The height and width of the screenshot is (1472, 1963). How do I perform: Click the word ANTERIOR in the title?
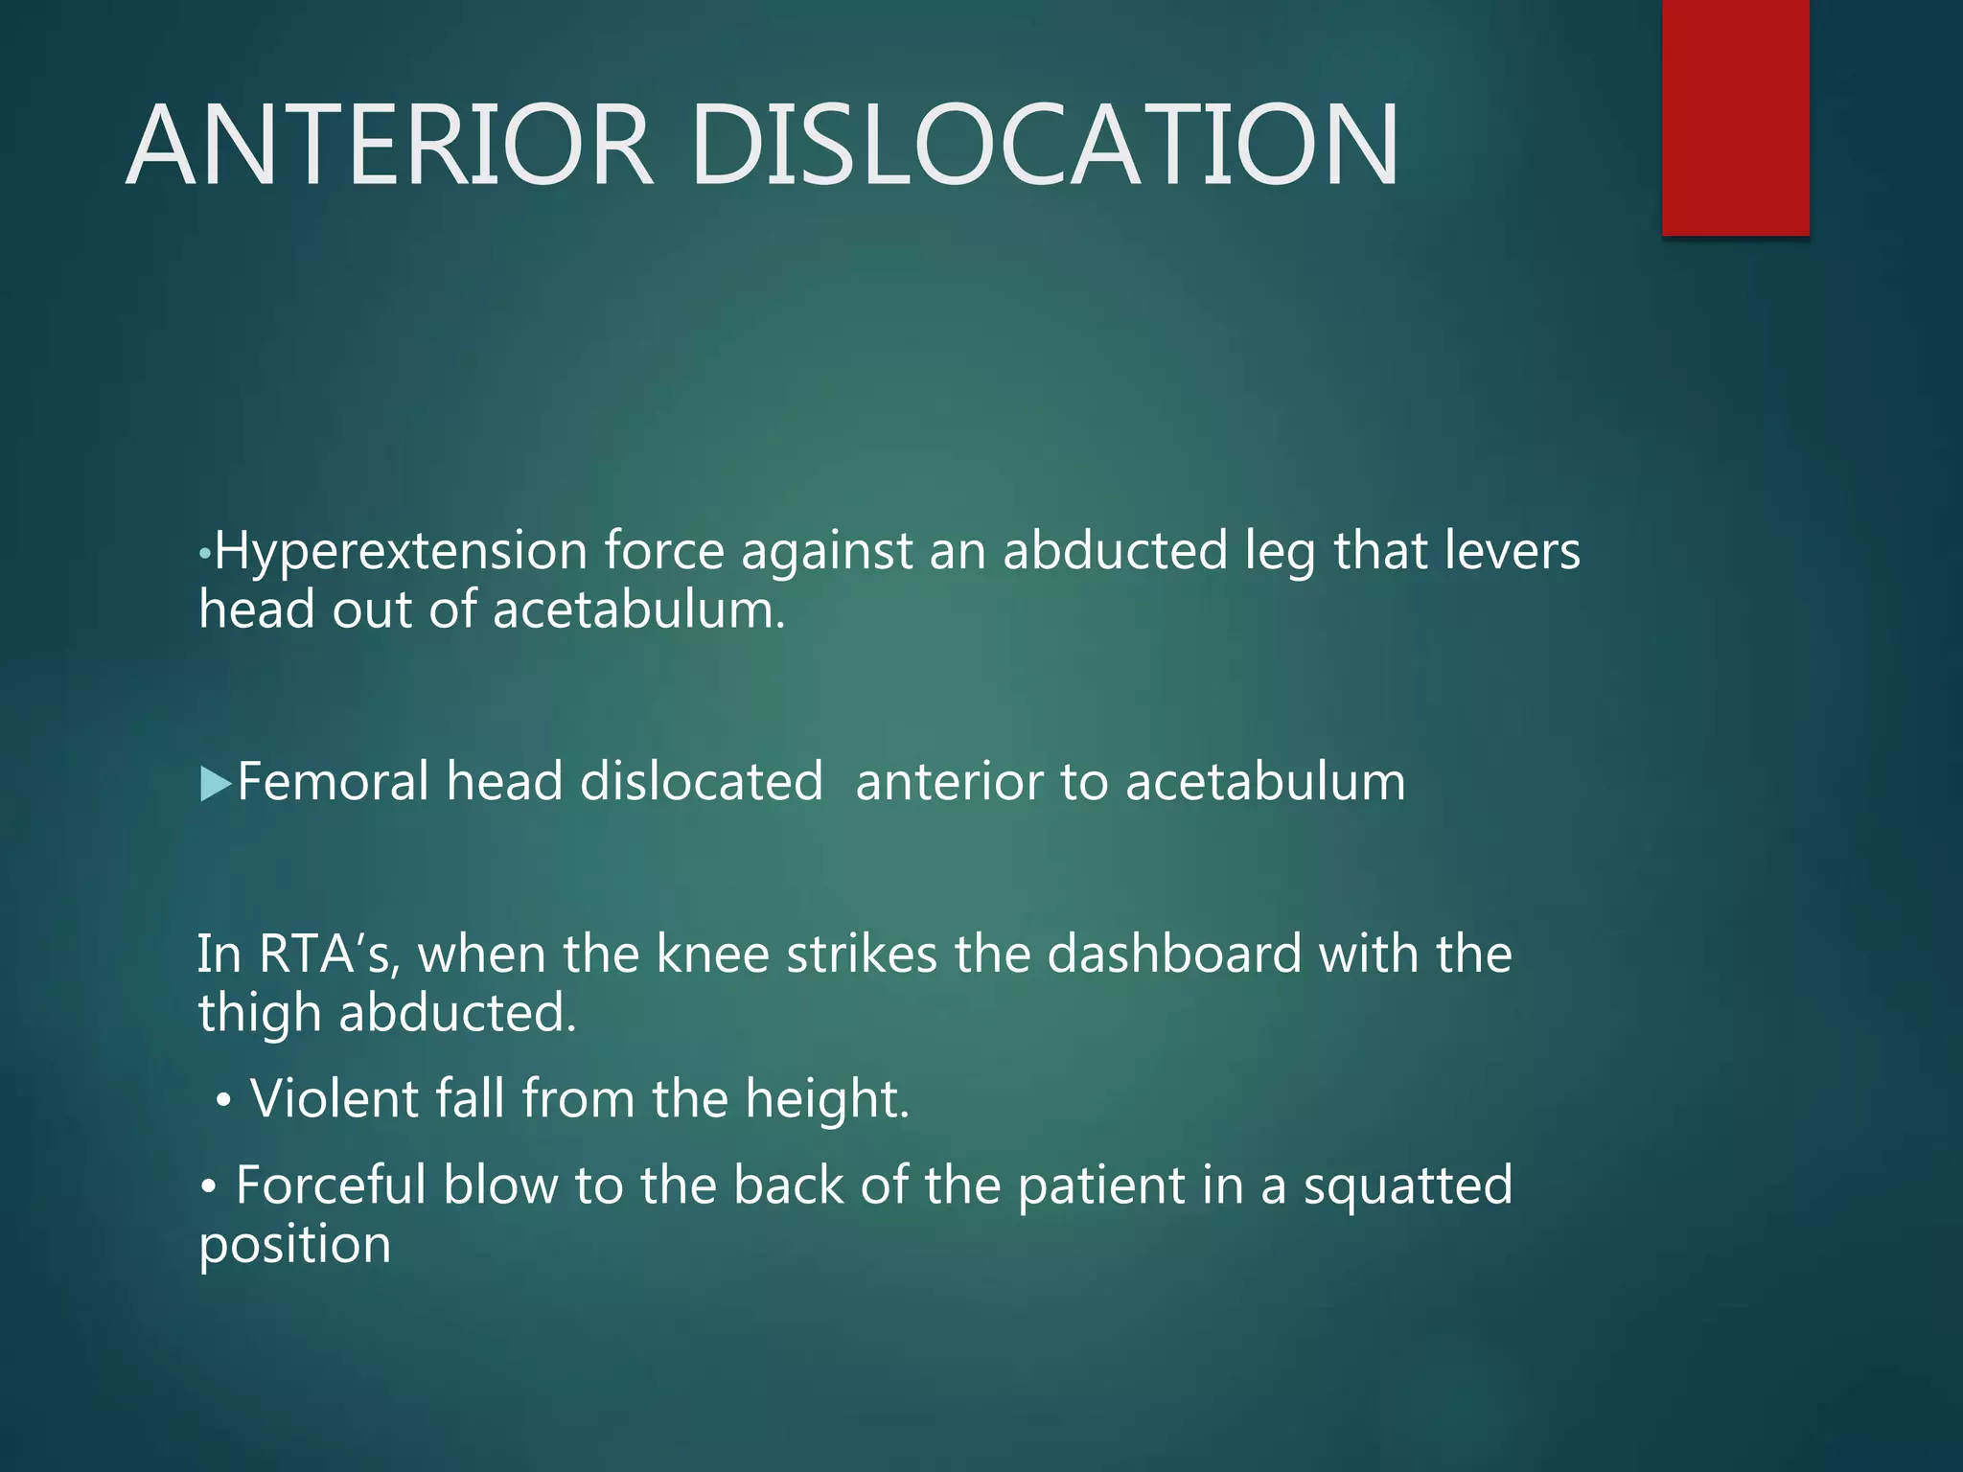point(389,146)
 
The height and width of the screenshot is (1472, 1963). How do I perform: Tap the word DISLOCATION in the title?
point(1044,146)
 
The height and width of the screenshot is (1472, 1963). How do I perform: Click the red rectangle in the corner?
point(1735,117)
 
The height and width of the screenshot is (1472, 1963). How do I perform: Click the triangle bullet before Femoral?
point(216,784)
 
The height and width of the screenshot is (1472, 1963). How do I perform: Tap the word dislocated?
point(701,781)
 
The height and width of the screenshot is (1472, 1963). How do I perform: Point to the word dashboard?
point(1174,954)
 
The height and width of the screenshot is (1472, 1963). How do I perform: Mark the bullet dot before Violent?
point(223,1102)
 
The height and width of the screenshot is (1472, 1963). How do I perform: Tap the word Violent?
point(334,1098)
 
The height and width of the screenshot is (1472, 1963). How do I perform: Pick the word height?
point(827,1098)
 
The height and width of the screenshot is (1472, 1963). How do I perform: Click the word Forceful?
point(331,1185)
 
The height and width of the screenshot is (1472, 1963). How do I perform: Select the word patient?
point(1100,1186)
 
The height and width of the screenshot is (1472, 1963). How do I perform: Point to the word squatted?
point(1408,1186)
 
